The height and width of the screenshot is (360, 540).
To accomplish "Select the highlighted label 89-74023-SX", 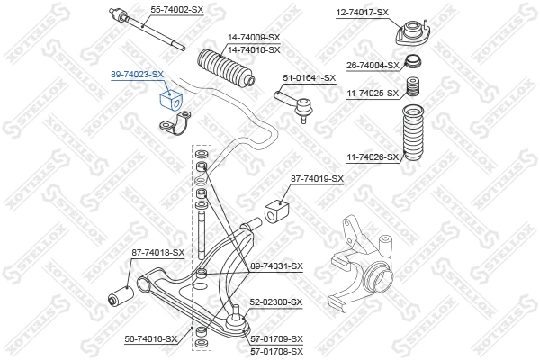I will coord(138,74).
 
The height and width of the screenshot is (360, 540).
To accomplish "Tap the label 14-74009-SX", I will coord(254,37).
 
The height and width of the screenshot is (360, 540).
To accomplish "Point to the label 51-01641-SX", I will coord(309,77).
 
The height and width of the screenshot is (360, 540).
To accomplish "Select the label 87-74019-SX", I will coord(317,178).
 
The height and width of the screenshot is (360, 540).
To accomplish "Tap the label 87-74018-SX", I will coord(157,253).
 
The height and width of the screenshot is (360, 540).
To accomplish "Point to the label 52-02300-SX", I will coord(275,301).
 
